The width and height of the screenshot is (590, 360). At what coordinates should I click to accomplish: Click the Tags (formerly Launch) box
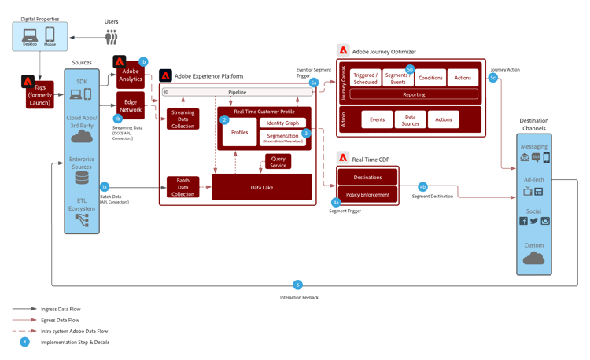pos(40,94)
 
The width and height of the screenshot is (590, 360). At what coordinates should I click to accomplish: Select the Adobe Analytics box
pos(131,75)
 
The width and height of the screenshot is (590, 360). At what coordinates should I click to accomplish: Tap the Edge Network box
pos(131,105)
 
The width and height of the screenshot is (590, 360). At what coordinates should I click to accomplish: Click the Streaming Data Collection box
pos(183,119)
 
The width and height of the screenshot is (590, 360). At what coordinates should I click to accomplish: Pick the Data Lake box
pos(261,187)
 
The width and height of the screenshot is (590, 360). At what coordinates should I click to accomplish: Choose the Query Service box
pos(278,162)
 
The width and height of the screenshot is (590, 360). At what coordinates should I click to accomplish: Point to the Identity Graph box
pos(282,123)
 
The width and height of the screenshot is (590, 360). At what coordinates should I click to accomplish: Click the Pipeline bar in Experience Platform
pos(237,92)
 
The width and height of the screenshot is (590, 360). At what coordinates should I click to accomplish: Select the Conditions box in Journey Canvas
pos(430,78)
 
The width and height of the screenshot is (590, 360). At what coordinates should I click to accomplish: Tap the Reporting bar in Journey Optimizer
pos(414,94)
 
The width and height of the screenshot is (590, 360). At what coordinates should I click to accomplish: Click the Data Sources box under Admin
pos(410,119)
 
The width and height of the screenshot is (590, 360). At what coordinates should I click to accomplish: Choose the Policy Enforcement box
pos(367,194)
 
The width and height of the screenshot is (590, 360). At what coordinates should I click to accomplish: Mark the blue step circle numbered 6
pos(297,285)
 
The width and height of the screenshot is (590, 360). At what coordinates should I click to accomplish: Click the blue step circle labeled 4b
pos(422,187)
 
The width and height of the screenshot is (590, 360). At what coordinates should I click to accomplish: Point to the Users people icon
pos(112,36)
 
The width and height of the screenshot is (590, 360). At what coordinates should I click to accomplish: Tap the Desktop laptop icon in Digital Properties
pos(30,35)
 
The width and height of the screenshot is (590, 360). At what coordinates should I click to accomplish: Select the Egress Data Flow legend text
pos(61,320)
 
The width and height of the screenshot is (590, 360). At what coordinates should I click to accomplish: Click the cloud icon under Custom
pos(533,258)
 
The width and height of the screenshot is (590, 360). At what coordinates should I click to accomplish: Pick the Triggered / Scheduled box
pos(365,78)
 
